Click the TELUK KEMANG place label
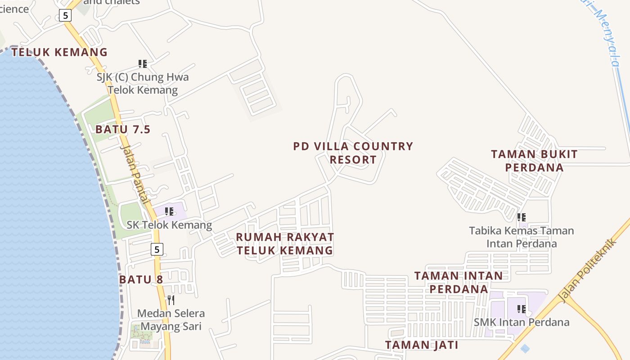point(59,52)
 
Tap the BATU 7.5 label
point(122,130)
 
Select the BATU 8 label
point(141,279)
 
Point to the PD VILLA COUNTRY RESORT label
point(353,153)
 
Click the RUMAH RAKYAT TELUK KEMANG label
point(285,243)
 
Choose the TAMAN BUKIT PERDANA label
point(534,161)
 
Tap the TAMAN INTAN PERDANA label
point(459,282)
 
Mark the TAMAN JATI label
point(422,345)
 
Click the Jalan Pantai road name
point(134,174)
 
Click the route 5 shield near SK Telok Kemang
point(157,249)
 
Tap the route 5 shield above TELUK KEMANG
point(65,15)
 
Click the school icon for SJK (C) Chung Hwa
point(143,64)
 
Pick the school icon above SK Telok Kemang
point(169,211)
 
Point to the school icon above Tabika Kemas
point(522,217)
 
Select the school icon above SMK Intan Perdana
point(522,309)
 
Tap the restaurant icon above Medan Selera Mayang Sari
point(171,300)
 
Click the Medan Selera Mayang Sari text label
point(171,319)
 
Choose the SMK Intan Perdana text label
point(522,322)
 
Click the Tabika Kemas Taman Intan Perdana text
point(522,237)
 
